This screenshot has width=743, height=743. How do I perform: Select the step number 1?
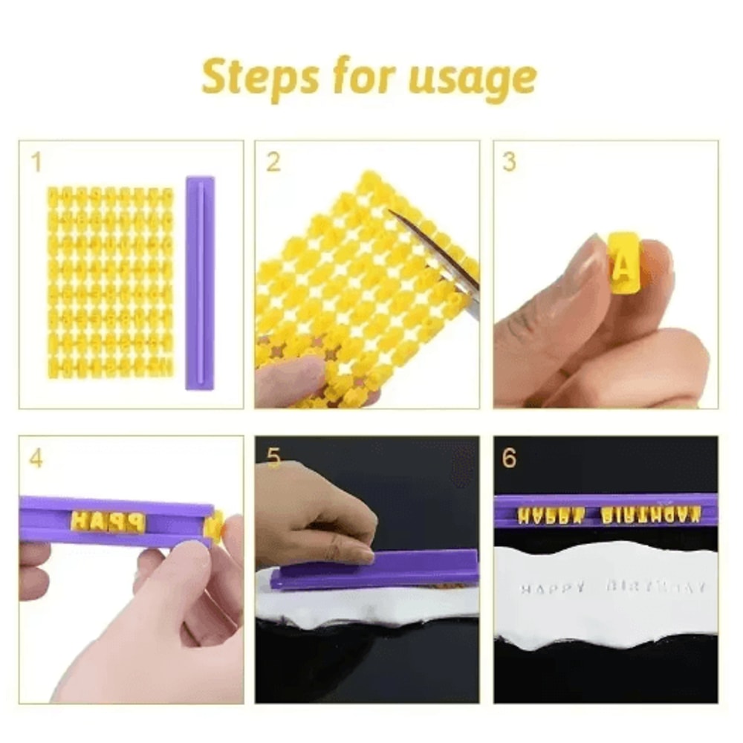tap(36, 163)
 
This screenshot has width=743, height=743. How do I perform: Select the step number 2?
tap(273, 163)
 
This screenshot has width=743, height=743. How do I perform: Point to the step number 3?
tap(509, 163)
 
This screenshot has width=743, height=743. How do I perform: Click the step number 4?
tap(36, 458)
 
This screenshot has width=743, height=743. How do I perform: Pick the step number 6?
tap(509, 458)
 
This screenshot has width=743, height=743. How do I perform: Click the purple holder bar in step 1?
tap(199, 283)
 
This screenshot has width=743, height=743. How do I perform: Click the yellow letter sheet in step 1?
tap(110, 282)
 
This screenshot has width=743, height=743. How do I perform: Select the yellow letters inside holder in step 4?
tap(108, 522)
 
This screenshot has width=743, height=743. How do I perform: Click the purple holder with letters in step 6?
tap(606, 510)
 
